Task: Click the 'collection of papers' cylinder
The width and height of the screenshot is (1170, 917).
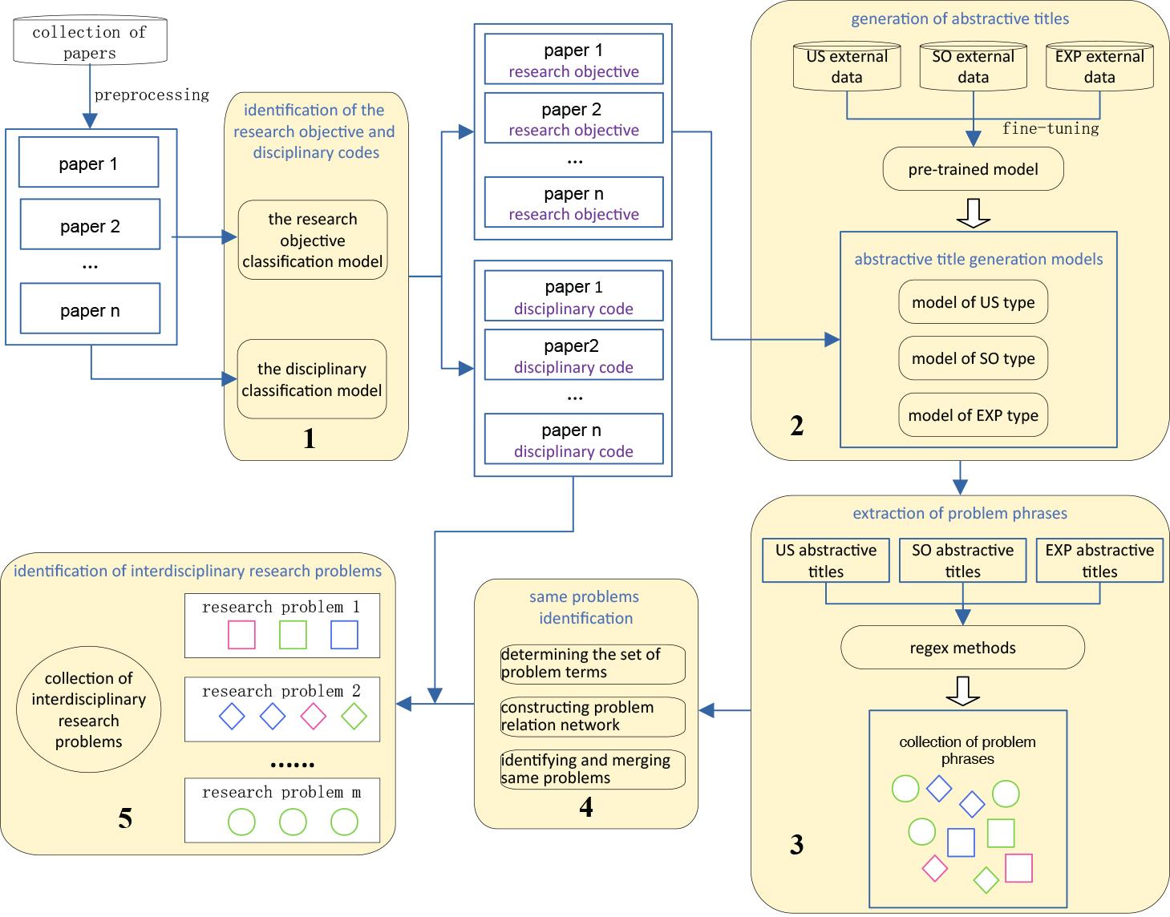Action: tap(90, 42)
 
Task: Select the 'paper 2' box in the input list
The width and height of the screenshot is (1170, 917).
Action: tap(90, 226)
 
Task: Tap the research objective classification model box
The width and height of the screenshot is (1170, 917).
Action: tap(313, 240)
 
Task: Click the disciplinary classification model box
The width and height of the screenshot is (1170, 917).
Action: tap(312, 379)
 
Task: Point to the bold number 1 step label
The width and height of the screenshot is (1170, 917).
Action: tap(309, 438)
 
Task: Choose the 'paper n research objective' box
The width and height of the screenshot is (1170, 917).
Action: tap(573, 204)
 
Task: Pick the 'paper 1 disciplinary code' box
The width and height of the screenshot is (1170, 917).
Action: tap(573, 297)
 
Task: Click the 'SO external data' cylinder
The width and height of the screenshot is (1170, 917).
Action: tap(973, 67)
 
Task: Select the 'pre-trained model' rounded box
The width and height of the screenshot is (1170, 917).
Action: tap(973, 169)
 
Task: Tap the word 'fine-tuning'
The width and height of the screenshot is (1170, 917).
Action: tap(1050, 128)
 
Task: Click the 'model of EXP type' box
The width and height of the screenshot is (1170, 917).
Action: tap(973, 415)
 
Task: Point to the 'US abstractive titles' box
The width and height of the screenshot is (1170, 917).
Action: tap(825, 560)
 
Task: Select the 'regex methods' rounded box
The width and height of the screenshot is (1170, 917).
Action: tap(962, 648)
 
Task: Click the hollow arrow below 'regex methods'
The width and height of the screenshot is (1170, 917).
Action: tap(963, 690)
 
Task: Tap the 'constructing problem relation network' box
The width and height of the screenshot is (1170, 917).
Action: tap(593, 717)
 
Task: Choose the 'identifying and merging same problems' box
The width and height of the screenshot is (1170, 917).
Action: tap(593, 770)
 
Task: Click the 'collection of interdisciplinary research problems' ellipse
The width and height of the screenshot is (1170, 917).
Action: tap(88, 710)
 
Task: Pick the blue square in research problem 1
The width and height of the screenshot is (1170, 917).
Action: tap(344, 635)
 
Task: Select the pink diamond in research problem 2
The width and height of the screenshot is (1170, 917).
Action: tap(313, 716)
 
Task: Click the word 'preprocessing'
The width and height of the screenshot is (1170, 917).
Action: tap(152, 95)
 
